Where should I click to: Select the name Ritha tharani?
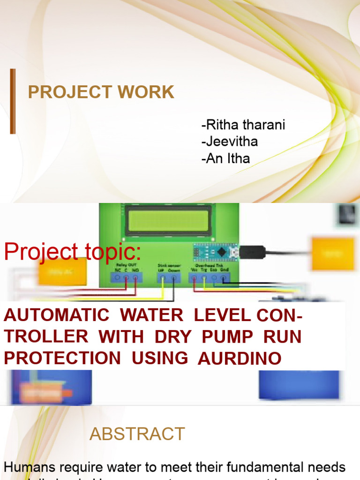[x=243, y=125]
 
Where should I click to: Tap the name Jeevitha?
[x=230, y=142]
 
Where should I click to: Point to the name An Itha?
[x=226, y=158]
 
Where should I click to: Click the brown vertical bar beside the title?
[x=13, y=101]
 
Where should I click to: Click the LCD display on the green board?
[x=168, y=220]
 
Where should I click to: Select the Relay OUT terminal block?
[x=126, y=277]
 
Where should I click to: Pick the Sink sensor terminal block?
[x=168, y=277]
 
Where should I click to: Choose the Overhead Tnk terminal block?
[x=210, y=278]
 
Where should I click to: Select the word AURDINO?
[x=240, y=359]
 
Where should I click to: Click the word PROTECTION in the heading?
[x=62, y=358]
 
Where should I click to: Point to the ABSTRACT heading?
[x=137, y=434]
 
